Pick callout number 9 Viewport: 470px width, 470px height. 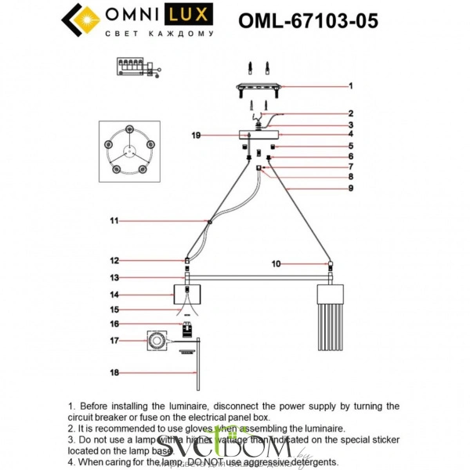(x=351, y=188)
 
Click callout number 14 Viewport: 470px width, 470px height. (x=114, y=295)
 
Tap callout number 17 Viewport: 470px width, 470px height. (x=114, y=341)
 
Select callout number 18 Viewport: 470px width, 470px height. (x=114, y=374)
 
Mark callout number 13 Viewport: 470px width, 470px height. (x=114, y=277)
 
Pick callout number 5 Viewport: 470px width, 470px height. (x=351, y=146)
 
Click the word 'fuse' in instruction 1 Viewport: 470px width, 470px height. (x=175, y=418)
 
